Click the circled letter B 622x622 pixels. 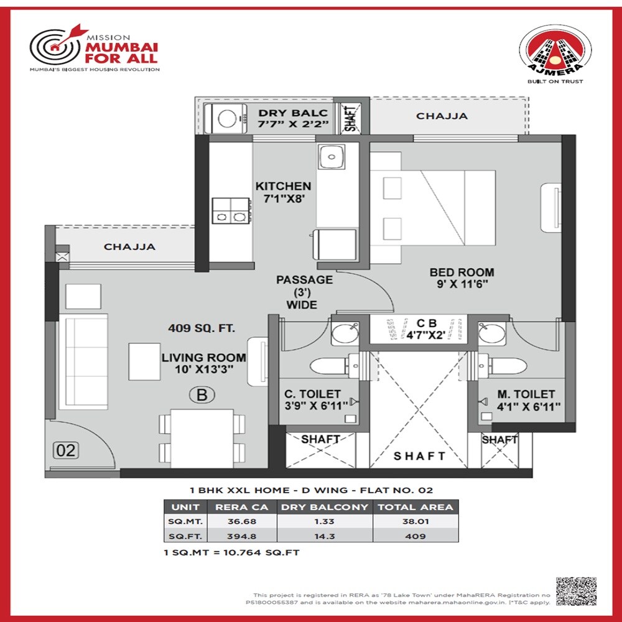point(202,394)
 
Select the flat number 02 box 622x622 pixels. point(65,450)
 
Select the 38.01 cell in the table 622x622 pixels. point(414,521)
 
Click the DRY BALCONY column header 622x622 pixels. point(324,507)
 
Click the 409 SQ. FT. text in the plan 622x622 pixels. point(201,328)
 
